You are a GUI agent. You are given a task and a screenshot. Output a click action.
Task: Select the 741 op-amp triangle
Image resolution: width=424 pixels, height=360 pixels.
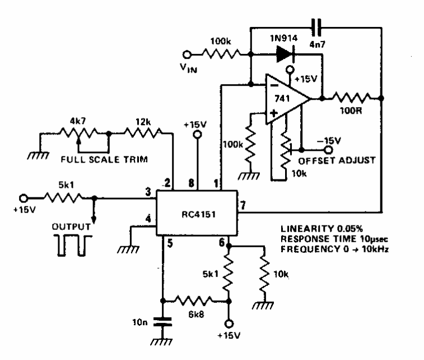point(288,99)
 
